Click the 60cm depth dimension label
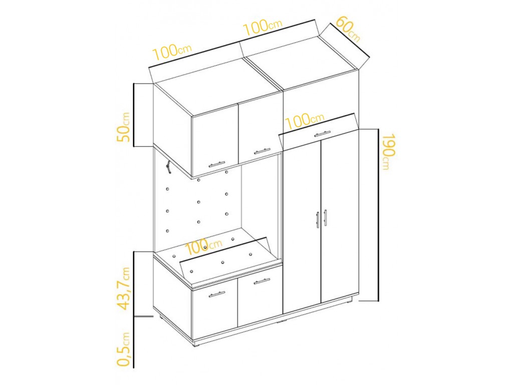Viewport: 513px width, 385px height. [348, 29]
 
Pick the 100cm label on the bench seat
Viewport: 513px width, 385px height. [203, 247]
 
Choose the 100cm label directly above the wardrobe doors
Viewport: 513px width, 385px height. [305, 120]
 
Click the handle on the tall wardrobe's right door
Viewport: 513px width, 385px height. [325, 218]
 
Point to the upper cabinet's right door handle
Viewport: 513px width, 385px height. [262, 151]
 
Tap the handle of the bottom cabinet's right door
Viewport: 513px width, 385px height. [262, 281]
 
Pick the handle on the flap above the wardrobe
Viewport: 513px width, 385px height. [323, 134]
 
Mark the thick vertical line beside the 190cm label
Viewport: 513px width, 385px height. [378, 215]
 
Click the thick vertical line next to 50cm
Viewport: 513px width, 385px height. [134, 115]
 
